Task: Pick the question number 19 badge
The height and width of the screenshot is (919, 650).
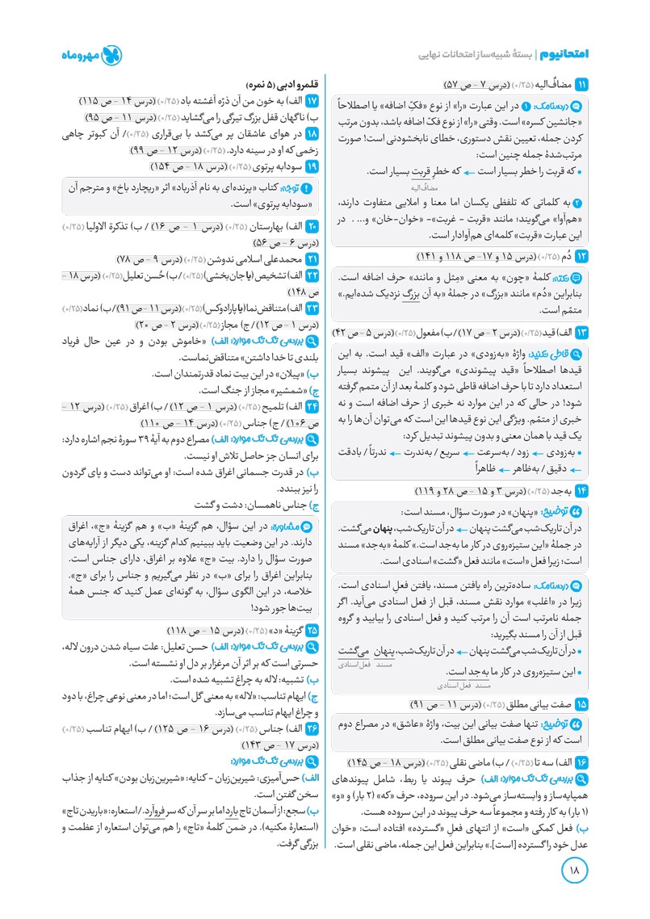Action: [314, 166]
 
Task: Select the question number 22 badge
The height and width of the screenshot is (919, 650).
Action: [314, 277]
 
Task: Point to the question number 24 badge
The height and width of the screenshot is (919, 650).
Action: [314, 406]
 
